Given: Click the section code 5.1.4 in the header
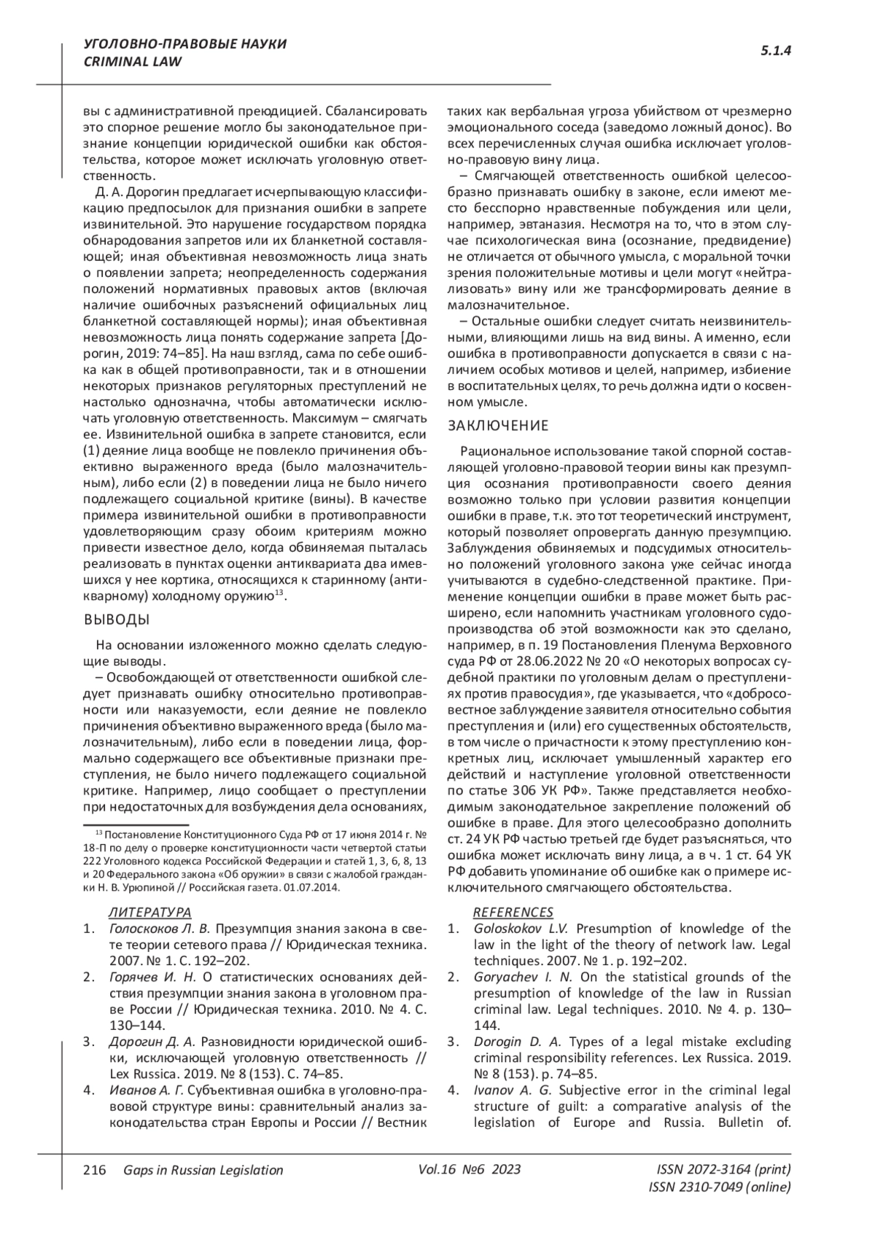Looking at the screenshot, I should [776, 50].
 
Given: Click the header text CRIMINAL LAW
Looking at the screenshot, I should [133, 62].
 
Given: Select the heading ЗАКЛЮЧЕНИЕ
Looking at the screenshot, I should [497, 426].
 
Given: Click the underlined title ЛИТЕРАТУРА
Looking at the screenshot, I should [149, 912].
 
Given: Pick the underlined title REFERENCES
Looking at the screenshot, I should [513, 912].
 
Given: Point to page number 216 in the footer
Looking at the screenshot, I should [96, 1170].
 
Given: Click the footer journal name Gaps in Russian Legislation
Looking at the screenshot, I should [203, 1170].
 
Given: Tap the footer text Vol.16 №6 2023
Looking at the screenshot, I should [470, 1169].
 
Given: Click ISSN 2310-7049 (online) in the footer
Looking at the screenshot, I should [719, 1187].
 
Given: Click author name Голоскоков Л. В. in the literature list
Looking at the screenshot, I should [159, 929].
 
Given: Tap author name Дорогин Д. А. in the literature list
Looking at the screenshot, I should [152, 1041].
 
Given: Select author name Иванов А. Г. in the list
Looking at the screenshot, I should [147, 1090].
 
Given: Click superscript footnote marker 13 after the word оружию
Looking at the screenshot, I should [278, 593].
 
